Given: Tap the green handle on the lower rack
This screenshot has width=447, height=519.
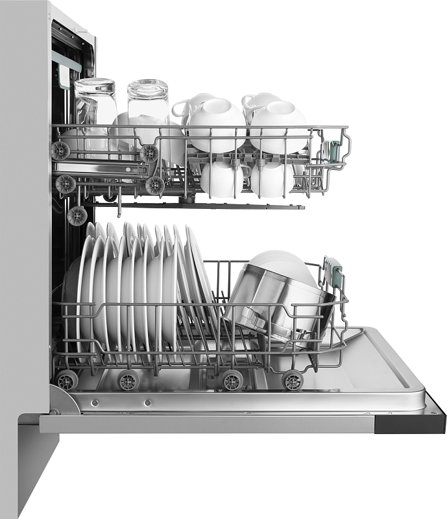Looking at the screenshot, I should pos(334,271).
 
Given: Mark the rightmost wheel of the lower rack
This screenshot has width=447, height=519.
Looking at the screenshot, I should pos(293,380).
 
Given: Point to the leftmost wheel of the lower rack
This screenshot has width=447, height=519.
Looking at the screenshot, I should pos(67,380).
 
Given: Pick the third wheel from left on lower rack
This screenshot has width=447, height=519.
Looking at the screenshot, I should pos(231,380).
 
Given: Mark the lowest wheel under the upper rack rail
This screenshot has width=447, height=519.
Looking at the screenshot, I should pos(77,215).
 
